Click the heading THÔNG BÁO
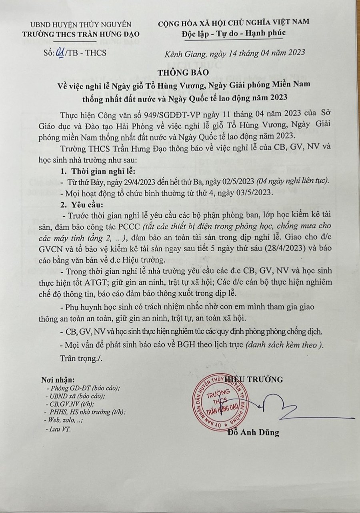click(x=180, y=73)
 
